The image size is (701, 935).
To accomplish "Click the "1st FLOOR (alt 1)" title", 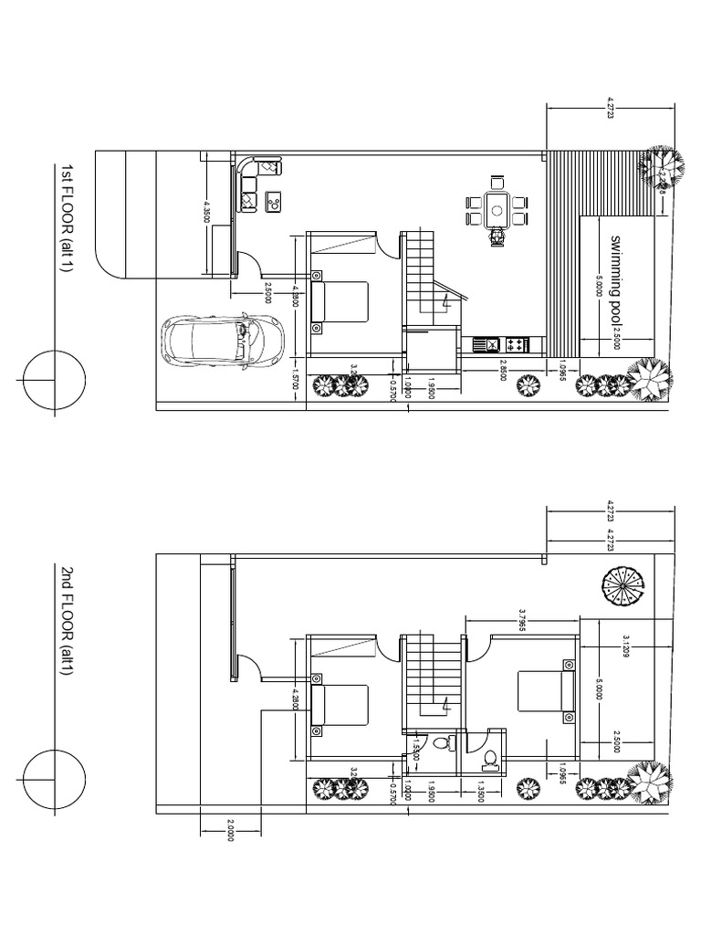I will (67, 217).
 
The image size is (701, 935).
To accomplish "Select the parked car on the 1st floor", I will (221, 341).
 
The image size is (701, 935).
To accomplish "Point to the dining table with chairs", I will (497, 208).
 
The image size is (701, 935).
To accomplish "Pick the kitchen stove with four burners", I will (515, 344).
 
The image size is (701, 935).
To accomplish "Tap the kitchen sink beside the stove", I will (487, 344).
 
